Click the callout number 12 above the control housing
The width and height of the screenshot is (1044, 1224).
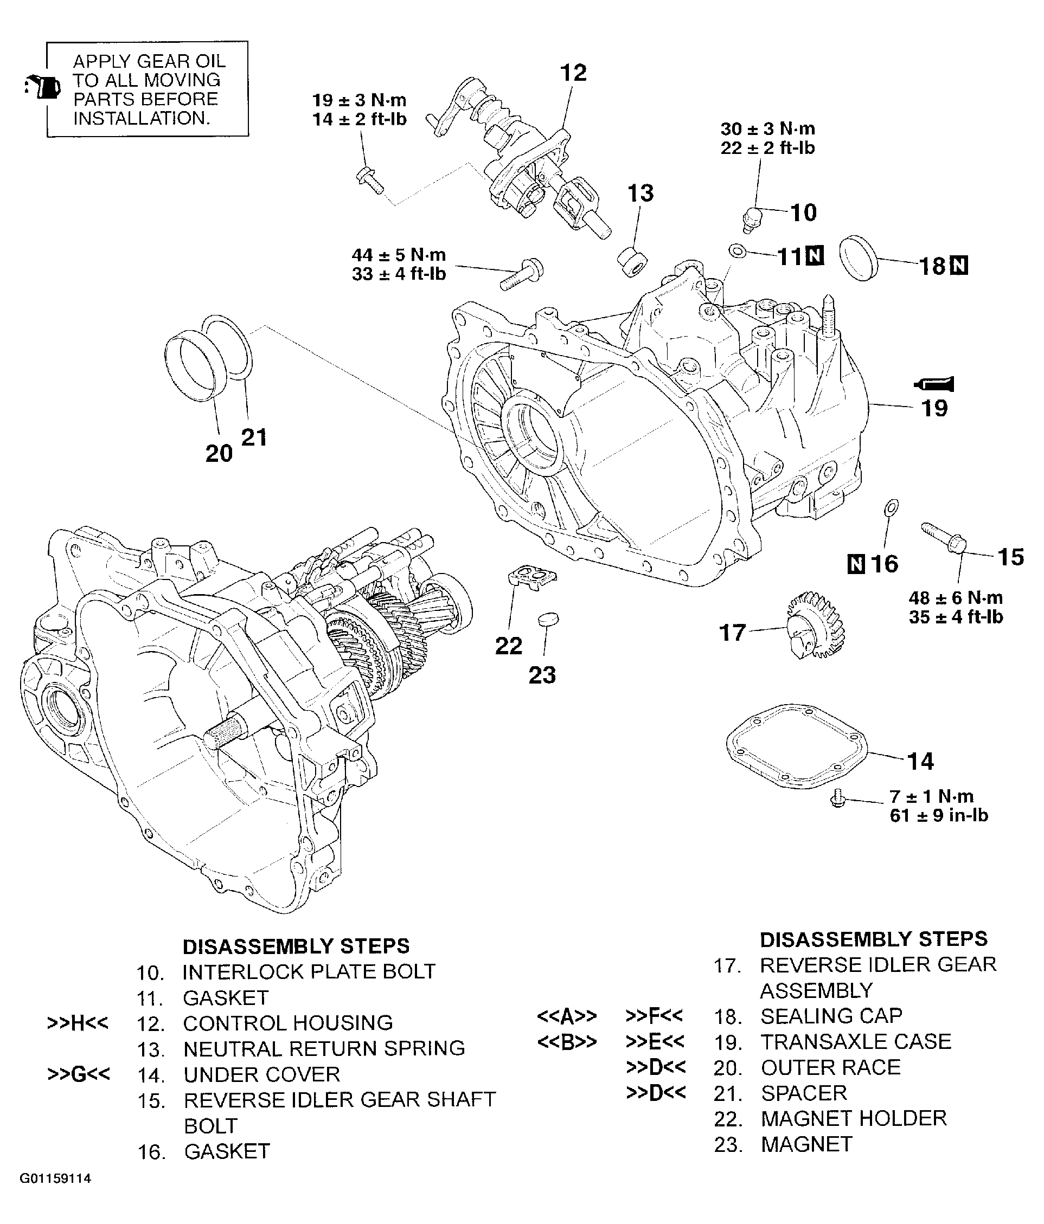(x=573, y=73)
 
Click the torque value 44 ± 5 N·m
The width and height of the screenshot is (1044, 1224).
(x=399, y=255)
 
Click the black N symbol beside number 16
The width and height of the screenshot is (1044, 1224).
(x=855, y=564)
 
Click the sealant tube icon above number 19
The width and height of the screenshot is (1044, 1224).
(x=934, y=384)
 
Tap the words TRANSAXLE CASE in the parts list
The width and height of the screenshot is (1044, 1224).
(x=855, y=1041)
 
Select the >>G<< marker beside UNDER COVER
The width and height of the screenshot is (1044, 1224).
(x=79, y=1073)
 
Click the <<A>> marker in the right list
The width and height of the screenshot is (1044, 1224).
(x=566, y=1016)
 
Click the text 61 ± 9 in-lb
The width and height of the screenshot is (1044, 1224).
(x=938, y=815)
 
